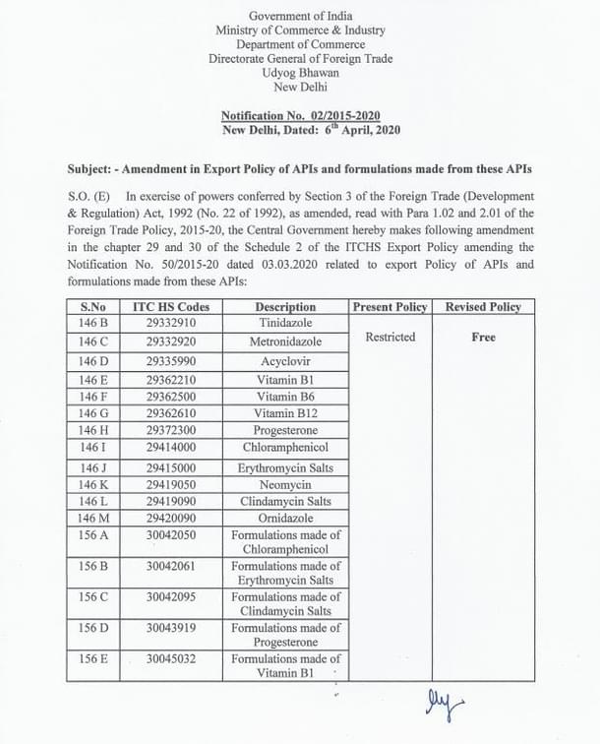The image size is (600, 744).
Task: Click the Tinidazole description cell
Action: coord(285,323)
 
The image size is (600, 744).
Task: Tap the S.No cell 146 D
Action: coord(94,361)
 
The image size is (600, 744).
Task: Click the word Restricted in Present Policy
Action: coord(390,337)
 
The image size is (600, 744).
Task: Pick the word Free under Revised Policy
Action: coord(483,337)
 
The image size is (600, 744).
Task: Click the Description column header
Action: coord(285,307)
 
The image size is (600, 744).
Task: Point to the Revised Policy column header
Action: coord(483,307)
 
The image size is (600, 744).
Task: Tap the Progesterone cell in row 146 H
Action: coord(285,430)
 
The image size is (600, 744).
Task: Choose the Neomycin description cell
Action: coord(285,484)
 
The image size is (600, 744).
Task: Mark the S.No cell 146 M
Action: coord(94,518)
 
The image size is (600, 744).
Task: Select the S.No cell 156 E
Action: coord(94,658)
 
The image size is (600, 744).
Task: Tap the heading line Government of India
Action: coord(300,17)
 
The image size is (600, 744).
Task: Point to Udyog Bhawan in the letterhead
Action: coord(300,73)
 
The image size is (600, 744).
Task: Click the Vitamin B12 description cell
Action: coord(285,412)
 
